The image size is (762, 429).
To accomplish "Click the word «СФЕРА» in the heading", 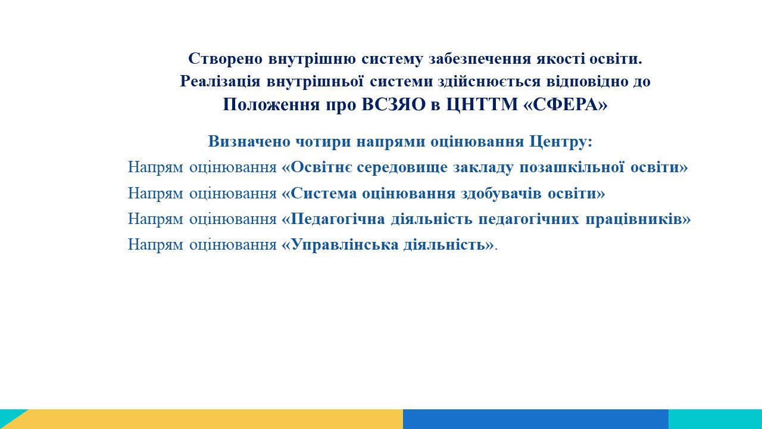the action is pos(565,104).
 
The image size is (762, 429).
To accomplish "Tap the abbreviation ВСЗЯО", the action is pos(394,104).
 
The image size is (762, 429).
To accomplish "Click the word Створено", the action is pos(226,59).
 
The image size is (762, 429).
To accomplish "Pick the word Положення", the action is pos(271,105).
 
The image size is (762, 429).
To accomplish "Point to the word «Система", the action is pos(320,194).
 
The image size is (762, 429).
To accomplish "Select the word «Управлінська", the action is pos(340,245).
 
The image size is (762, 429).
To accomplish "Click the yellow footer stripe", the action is pos(211,419).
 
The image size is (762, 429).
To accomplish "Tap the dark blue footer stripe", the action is pos(536,419).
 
